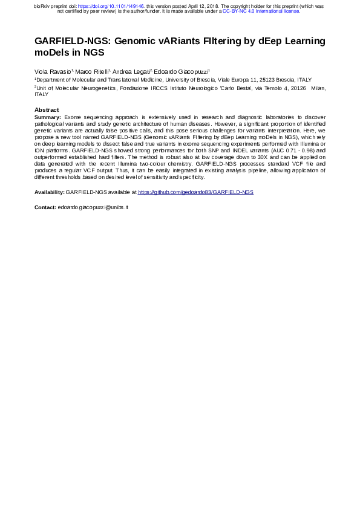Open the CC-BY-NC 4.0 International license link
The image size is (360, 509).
pyautogui.click(x=261, y=11)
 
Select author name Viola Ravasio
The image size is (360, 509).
pyautogui.click(x=53, y=71)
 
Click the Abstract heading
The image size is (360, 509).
pyautogui.click(x=47, y=109)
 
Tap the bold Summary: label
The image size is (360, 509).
pyautogui.click(x=48, y=116)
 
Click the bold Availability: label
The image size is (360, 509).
pyautogui.click(x=50, y=192)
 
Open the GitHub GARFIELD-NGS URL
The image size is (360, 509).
pyautogui.click(x=196, y=192)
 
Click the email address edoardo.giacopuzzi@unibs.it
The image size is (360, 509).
pyautogui.click(x=93, y=207)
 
